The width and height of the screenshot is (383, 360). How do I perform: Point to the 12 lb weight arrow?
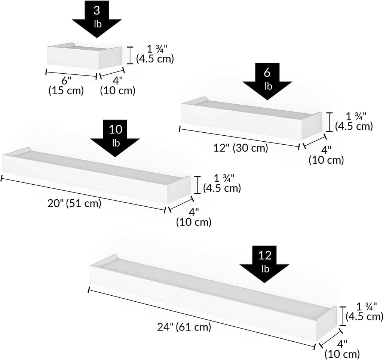(264, 264)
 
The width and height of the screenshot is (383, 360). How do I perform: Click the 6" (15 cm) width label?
(66, 85)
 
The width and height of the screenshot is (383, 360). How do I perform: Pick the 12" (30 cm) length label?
(241, 148)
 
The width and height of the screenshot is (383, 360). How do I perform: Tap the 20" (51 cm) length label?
(74, 203)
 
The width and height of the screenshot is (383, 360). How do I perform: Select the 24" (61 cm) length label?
(184, 327)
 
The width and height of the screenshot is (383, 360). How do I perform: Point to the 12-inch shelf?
(251, 118)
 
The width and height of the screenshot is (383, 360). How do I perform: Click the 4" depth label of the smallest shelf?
(118, 86)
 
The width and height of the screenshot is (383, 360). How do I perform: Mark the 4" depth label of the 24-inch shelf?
(342, 349)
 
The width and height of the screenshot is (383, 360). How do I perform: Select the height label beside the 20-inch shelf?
(222, 183)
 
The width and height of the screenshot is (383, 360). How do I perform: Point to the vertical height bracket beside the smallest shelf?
(130, 55)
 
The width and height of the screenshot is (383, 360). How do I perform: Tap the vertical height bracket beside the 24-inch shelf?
(343, 316)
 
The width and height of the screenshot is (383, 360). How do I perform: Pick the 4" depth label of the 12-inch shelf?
(326, 155)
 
